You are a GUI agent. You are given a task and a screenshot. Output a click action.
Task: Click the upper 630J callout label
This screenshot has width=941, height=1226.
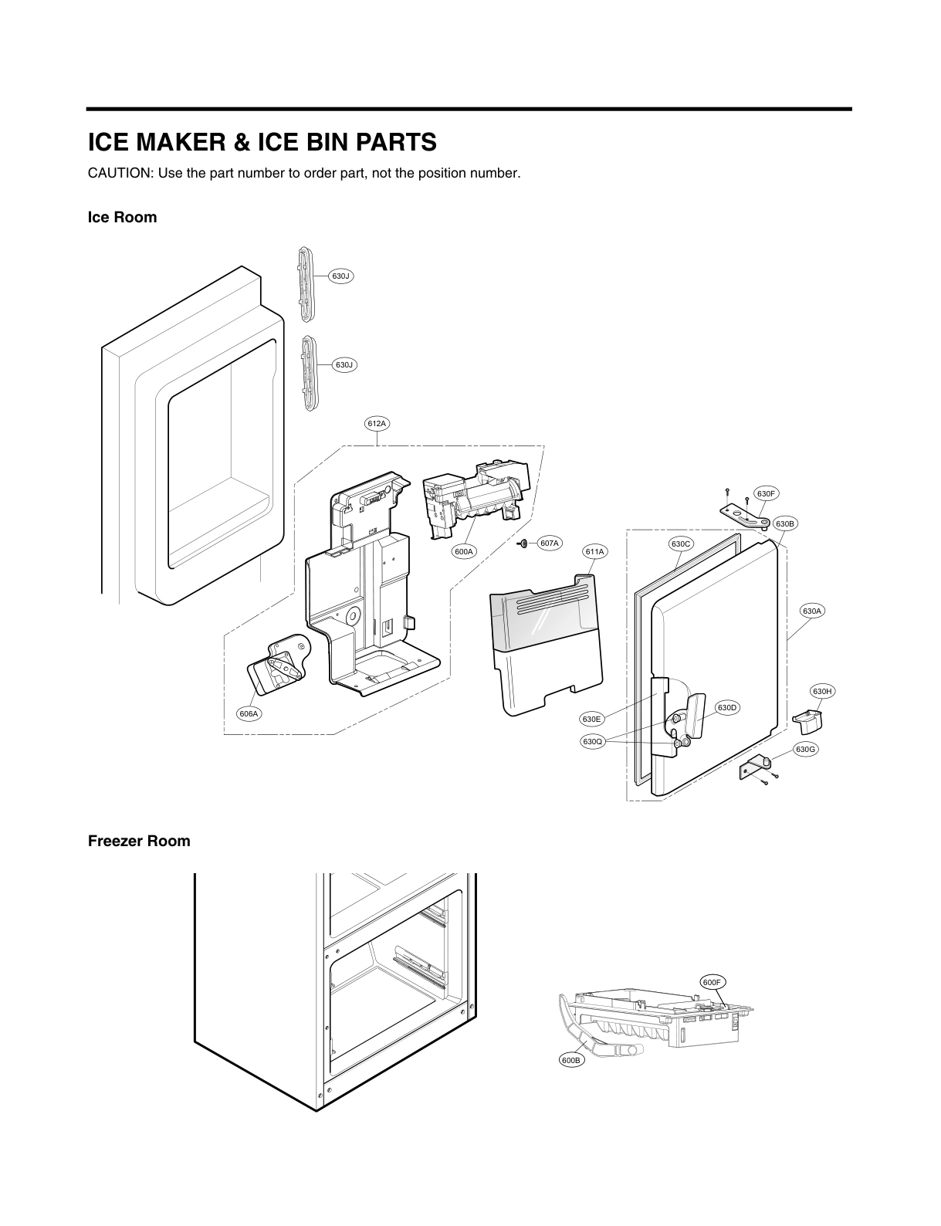tap(340, 276)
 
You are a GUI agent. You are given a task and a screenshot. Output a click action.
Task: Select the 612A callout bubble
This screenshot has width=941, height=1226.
tap(376, 423)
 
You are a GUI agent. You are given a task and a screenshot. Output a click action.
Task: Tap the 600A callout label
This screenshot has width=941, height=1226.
tap(464, 551)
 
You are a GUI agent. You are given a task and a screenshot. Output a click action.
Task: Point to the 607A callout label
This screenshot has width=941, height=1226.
tap(549, 544)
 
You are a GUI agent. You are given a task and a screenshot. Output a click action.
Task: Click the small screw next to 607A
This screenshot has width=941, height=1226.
tap(523, 544)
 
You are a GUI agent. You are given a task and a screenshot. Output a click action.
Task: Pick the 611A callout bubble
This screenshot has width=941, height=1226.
tap(594, 551)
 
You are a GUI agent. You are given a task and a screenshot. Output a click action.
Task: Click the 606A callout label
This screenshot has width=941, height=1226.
tap(249, 713)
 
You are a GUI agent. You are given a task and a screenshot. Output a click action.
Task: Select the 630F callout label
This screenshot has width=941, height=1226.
tap(765, 493)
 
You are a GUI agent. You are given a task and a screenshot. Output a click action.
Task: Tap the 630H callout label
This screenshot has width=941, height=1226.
tap(822, 691)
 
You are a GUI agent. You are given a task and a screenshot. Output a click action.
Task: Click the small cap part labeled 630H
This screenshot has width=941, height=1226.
tap(807, 720)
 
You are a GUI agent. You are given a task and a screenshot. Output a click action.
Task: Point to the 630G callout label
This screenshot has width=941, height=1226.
tap(805, 749)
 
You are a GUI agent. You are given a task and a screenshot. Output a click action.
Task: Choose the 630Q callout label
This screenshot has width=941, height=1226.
tap(592, 742)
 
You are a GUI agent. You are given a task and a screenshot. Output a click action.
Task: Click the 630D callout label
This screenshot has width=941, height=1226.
tap(727, 707)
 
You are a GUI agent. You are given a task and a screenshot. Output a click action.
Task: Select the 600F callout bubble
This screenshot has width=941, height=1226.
tap(713, 983)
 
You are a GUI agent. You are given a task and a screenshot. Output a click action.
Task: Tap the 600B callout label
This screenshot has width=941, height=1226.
tap(570, 1061)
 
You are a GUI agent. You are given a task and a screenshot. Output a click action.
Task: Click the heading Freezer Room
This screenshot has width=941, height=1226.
tap(139, 841)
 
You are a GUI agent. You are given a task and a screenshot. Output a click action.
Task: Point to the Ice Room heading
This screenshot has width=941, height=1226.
tap(122, 217)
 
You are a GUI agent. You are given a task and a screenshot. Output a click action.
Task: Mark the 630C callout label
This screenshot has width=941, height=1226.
tap(680, 544)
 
